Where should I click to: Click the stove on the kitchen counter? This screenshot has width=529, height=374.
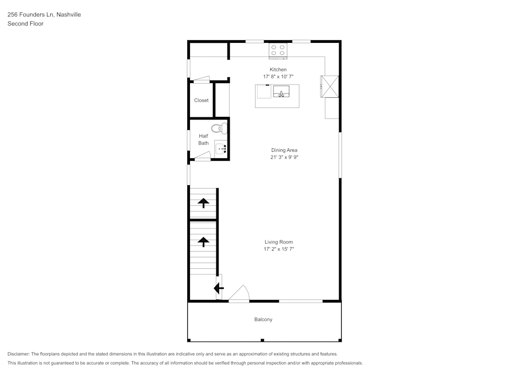[x=278, y=50]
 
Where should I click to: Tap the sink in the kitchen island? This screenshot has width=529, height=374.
[x=281, y=92]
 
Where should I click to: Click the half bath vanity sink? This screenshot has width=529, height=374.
[x=221, y=148]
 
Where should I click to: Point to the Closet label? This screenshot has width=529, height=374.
[x=201, y=101]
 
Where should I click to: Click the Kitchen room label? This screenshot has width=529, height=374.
[x=278, y=70]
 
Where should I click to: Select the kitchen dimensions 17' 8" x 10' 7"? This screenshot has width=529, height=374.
[x=278, y=77]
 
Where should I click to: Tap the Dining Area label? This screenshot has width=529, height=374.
[x=284, y=150]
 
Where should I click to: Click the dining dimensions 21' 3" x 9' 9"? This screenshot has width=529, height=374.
[x=284, y=157]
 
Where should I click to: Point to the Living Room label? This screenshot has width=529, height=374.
[x=279, y=242]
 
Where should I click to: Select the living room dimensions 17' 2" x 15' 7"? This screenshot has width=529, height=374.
[x=279, y=249]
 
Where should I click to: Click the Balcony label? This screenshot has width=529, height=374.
[x=263, y=320]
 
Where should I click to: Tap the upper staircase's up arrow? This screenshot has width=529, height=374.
[x=203, y=203]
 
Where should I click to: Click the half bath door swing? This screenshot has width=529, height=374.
[x=203, y=156]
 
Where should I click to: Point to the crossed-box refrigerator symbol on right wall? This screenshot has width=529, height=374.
[x=330, y=87]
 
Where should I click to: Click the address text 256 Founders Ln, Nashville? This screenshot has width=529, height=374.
[x=44, y=15]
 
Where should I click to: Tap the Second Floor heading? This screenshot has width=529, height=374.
[x=25, y=24]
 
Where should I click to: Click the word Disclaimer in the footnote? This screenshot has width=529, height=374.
[x=19, y=354]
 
